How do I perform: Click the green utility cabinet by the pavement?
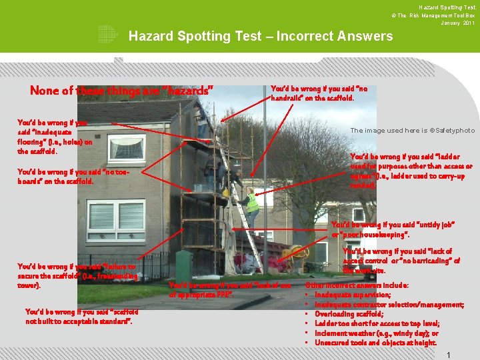point(183,265)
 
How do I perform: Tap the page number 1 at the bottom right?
point(449,355)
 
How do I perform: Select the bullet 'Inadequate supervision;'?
point(353,295)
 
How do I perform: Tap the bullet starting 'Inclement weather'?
point(376,333)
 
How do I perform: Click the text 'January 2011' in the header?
point(458,23)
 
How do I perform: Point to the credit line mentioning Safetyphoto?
point(412,130)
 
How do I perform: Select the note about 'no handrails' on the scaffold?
point(319,93)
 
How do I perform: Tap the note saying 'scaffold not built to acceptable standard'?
point(81,316)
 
